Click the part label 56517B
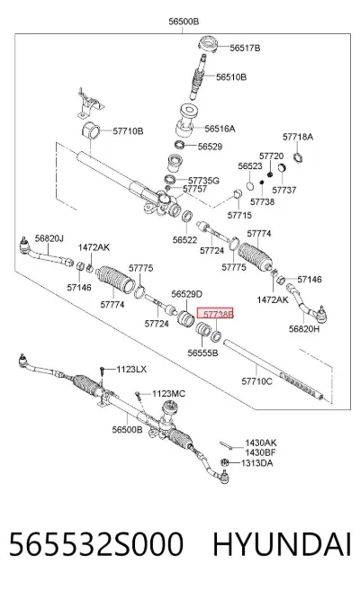click(x=245, y=48)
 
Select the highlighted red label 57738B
click(x=215, y=313)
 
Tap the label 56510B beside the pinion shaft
click(x=231, y=77)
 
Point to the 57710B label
click(x=128, y=131)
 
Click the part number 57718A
click(x=298, y=137)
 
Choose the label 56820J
click(x=49, y=238)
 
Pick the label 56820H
click(x=304, y=329)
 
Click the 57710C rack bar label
click(x=256, y=381)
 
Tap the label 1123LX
click(x=131, y=370)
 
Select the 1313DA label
click(x=257, y=463)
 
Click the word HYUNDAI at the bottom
click(x=282, y=544)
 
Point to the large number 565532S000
click(x=96, y=544)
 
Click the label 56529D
click(x=187, y=294)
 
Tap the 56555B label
click(x=202, y=353)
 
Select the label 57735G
click(x=203, y=181)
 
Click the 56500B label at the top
click(x=184, y=22)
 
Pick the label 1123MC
click(x=168, y=394)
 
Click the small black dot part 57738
click(x=262, y=183)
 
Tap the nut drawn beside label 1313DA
click(x=224, y=462)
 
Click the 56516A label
click(x=220, y=129)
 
